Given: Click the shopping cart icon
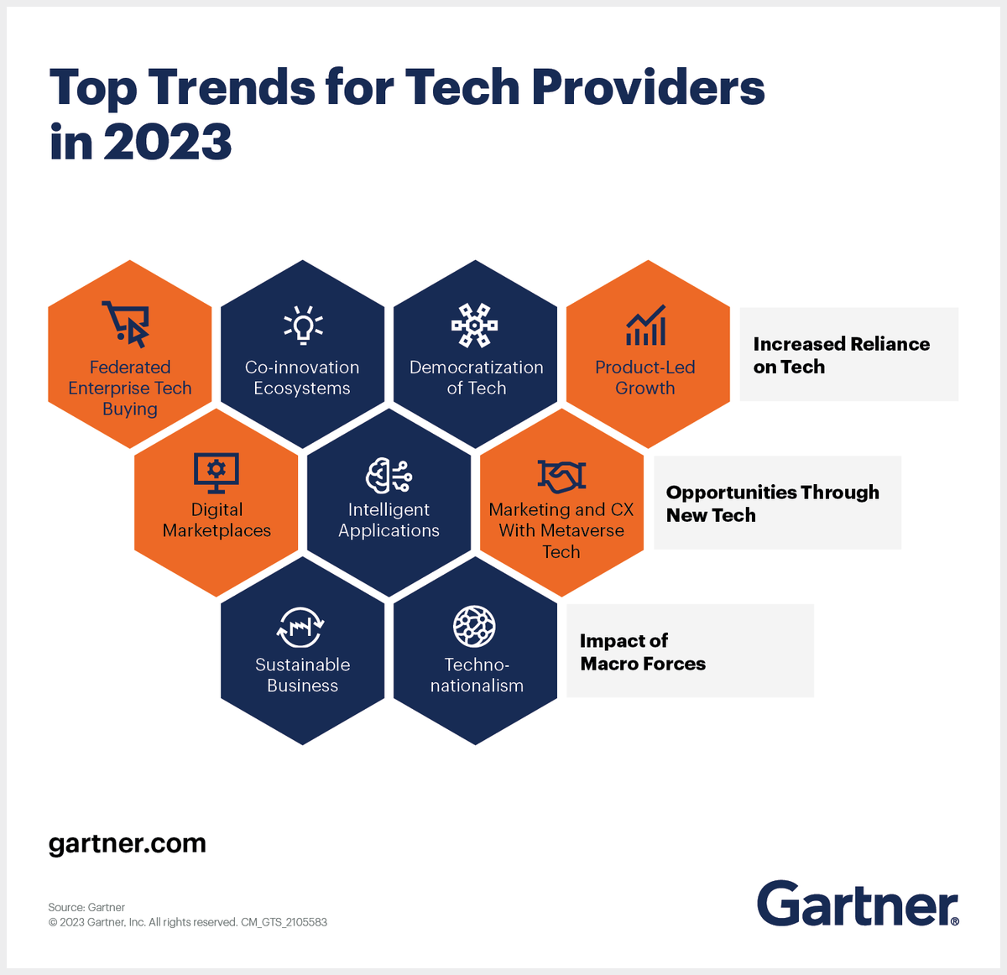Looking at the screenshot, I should click(x=127, y=324).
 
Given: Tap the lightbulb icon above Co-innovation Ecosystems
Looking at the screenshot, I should click(x=303, y=325).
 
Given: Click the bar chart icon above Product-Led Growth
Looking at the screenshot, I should click(x=645, y=326).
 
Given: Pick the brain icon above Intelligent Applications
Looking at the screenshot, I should click(x=389, y=476).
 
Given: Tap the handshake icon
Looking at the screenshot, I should click(x=561, y=476).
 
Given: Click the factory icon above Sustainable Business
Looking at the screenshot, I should click(x=300, y=627).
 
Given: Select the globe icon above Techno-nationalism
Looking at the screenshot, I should click(x=475, y=626).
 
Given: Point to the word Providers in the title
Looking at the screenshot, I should click(x=648, y=87).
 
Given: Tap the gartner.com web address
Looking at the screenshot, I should click(x=128, y=843).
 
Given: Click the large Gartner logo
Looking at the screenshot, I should click(x=858, y=904).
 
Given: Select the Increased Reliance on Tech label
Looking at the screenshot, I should click(x=841, y=355).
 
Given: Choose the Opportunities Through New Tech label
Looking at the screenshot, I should click(x=772, y=503).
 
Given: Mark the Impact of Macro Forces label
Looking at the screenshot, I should click(x=643, y=652).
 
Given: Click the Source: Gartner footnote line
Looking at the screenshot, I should click(x=86, y=907).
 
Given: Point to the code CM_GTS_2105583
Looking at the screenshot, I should click(x=284, y=922).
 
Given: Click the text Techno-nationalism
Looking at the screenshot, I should click(x=477, y=675).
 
